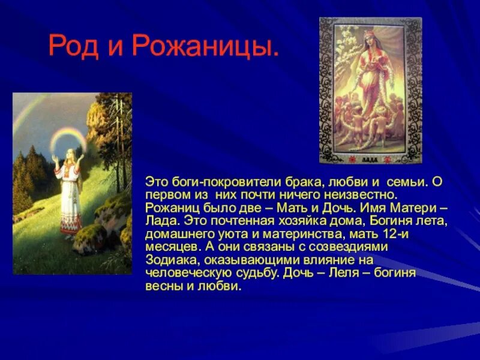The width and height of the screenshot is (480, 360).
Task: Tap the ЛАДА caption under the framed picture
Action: pos(371,158)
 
